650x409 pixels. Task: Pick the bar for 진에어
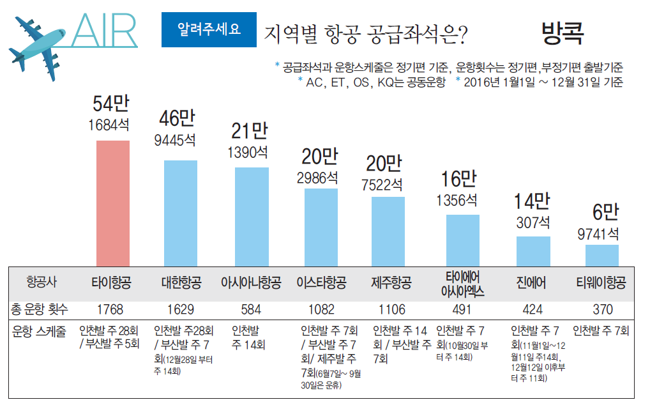pyautogui.click(x=533, y=251)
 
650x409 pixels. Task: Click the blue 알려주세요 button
pyautogui.click(x=209, y=29)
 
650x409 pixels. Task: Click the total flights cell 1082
pyautogui.click(x=321, y=310)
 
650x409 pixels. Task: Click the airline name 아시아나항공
pyautogui.click(x=250, y=282)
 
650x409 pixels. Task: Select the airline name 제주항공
pyautogui.click(x=391, y=282)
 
